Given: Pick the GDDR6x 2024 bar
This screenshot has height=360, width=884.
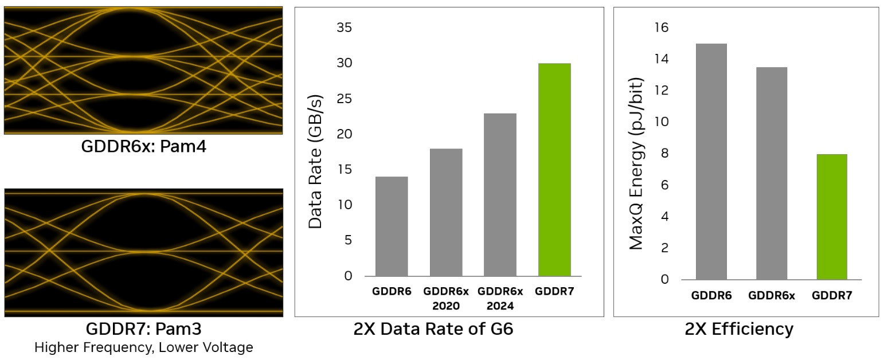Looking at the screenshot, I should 500,195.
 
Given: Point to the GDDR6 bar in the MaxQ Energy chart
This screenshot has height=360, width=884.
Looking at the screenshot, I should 711,162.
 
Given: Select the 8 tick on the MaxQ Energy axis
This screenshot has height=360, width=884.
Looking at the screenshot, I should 664,154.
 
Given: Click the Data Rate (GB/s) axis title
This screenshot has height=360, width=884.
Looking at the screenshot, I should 316,161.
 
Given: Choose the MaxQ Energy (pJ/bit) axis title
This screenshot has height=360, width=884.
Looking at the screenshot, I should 636,164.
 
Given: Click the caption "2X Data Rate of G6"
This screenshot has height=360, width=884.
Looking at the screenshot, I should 433,330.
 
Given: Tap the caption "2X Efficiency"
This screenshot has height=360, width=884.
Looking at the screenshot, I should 739,329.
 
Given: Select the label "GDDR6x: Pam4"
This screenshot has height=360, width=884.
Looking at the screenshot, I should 143,147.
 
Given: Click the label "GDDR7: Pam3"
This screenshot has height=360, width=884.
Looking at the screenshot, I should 143,329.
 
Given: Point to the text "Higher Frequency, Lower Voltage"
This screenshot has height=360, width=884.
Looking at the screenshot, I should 143,347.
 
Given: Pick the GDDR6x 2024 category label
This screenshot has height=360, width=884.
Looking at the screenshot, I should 500,299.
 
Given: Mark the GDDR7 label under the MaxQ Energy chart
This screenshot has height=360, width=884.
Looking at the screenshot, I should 831,296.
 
